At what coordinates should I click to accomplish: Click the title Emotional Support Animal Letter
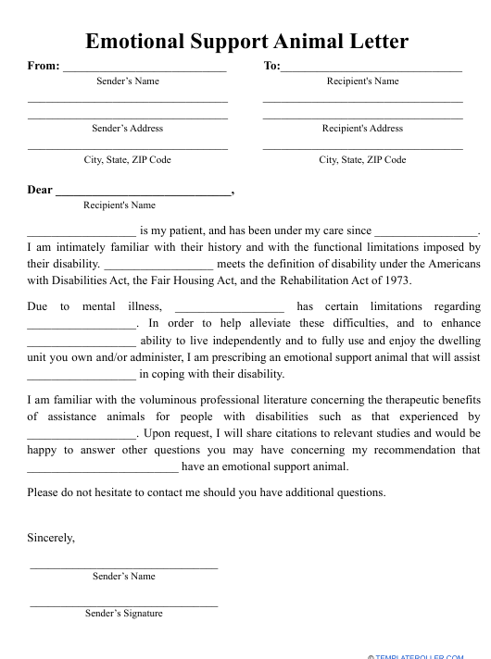click(x=246, y=42)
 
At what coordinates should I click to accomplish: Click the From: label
click(x=44, y=66)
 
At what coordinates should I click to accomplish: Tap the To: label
click(x=271, y=66)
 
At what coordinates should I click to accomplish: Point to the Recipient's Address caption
click(x=362, y=129)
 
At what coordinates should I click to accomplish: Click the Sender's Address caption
click(x=127, y=129)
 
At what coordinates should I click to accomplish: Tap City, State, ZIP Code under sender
click(x=127, y=160)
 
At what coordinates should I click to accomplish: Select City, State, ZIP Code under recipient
click(x=362, y=160)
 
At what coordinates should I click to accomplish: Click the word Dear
click(x=40, y=190)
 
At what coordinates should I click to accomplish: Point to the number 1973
click(x=394, y=280)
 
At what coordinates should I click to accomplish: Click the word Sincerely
click(x=51, y=537)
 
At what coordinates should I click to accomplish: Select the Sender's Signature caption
click(x=123, y=613)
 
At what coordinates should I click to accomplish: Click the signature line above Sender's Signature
click(x=123, y=605)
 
